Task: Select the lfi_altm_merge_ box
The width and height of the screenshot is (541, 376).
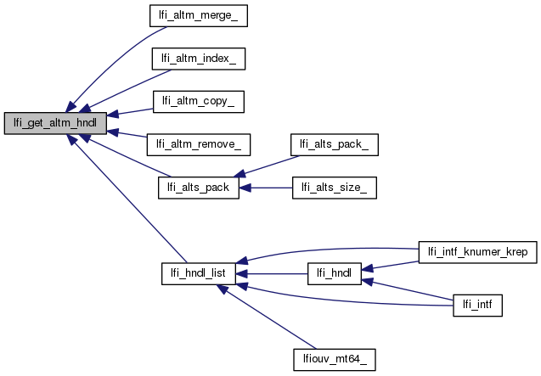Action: [x=199, y=15]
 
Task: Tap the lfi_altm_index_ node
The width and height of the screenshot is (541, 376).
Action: [x=199, y=59]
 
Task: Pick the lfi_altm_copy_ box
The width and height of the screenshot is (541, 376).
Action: [x=199, y=100]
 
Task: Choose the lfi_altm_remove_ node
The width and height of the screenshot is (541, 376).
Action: [x=199, y=143]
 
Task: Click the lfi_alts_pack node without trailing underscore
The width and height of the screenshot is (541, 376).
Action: [x=199, y=188]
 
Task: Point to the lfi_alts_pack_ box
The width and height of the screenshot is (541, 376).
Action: [x=334, y=143]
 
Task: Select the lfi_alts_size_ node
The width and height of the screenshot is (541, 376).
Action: [x=334, y=188]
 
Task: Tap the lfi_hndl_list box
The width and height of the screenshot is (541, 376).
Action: [x=199, y=274]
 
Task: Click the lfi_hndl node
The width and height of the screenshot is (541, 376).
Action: [x=334, y=274]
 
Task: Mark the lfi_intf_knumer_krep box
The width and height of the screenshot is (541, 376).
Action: [x=478, y=252]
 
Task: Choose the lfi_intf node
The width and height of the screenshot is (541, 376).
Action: [x=478, y=303]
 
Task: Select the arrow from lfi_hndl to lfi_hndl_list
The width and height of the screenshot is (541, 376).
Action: [x=271, y=274]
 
